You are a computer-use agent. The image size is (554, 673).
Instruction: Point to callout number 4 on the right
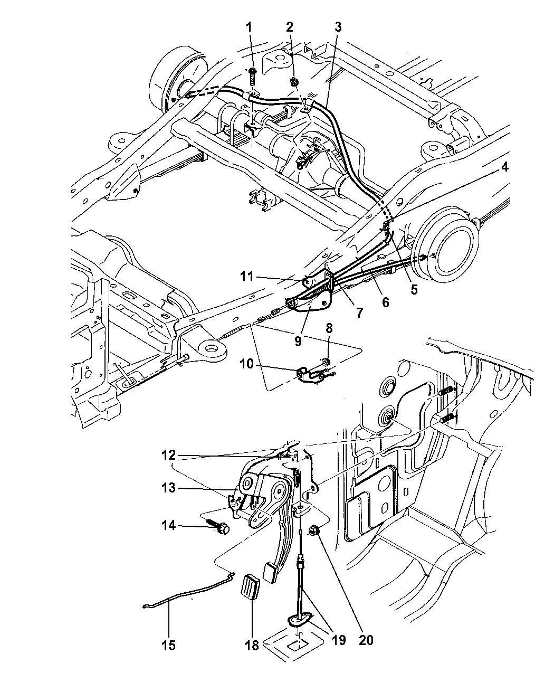(x=504, y=167)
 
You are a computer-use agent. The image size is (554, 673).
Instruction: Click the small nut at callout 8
(x=326, y=362)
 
